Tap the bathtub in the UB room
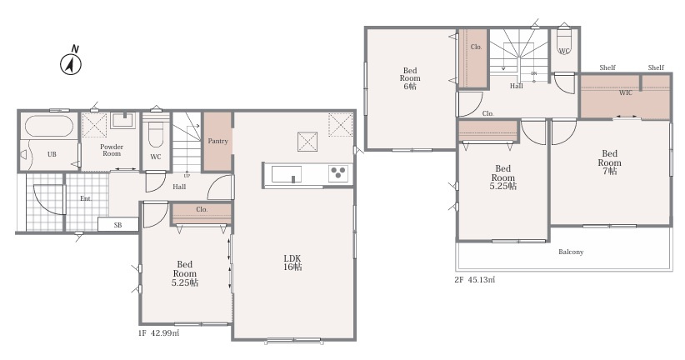click(x=48, y=127)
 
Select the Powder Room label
click(x=112, y=150)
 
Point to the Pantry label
click(x=217, y=141)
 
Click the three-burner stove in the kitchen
click(x=338, y=172)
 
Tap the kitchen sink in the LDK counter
click(x=286, y=174)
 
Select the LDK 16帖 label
click(x=292, y=262)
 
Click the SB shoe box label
click(x=117, y=225)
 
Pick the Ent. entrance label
click(x=86, y=198)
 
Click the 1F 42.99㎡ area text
click(x=158, y=332)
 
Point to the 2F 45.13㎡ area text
click(x=475, y=280)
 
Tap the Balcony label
click(x=571, y=252)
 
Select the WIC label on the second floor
click(x=625, y=92)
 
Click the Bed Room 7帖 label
click(x=609, y=162)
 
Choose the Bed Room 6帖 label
click(x=410, y=78)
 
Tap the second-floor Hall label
click(x=517, y=86)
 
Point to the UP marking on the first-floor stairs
click(x=187, y=176)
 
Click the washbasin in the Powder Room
click(x=122, y=120)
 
